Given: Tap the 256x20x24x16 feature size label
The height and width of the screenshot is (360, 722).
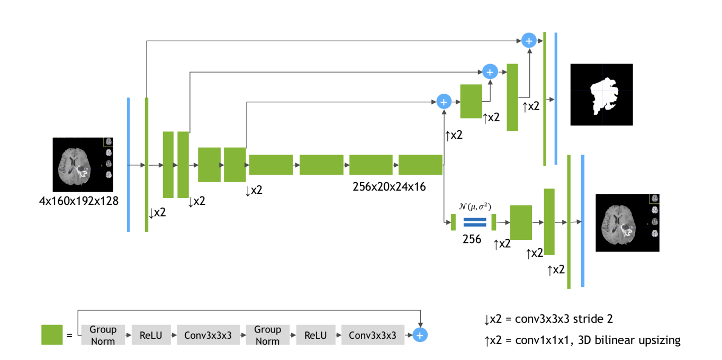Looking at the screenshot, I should (389, 187).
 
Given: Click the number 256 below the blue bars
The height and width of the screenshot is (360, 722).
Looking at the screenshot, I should (472, 239).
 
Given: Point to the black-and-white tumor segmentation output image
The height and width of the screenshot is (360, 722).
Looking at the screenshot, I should (601, 94).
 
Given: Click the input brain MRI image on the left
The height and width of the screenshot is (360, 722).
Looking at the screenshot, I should (83, 165).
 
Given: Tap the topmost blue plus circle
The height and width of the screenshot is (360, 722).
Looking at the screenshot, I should (529, 40).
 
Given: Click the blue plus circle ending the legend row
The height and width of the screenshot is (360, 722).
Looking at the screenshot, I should (420, 335).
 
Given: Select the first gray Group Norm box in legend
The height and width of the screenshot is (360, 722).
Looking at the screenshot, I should (103, 335).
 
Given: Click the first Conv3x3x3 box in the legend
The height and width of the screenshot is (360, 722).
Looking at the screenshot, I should (208, 335).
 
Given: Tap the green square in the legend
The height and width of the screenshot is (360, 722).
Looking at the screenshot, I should (52, 335).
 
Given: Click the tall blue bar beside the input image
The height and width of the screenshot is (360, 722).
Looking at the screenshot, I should (128, 165).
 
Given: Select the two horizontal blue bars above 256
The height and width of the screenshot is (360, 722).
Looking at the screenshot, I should (474, 222).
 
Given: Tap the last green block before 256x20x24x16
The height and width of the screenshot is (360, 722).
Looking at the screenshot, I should (420, 165).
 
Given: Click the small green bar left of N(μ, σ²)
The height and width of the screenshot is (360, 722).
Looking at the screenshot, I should (453, 222).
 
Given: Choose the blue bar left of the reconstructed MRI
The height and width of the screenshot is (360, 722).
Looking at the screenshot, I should (582, 221).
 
